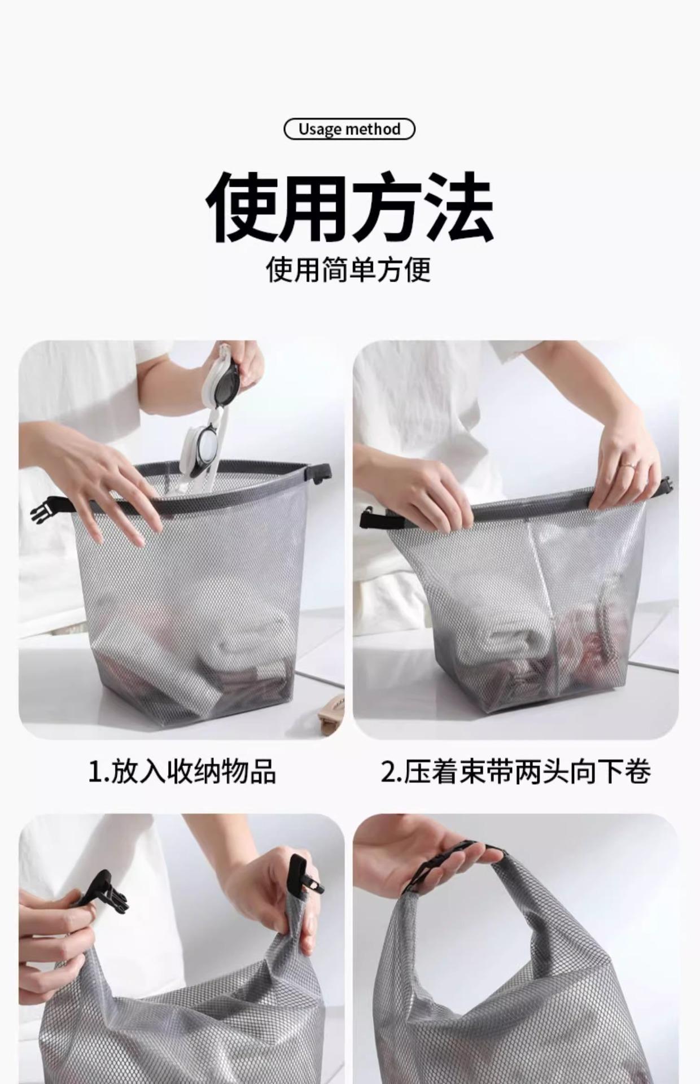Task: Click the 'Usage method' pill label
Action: (349, 129)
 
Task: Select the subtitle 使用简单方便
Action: (349, 269)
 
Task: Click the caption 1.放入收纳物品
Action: (182, 771)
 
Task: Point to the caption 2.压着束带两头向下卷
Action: (515, 771)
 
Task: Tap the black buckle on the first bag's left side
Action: (50, 508)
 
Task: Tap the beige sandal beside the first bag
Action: (331, 713)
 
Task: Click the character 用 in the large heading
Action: (314, 207)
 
